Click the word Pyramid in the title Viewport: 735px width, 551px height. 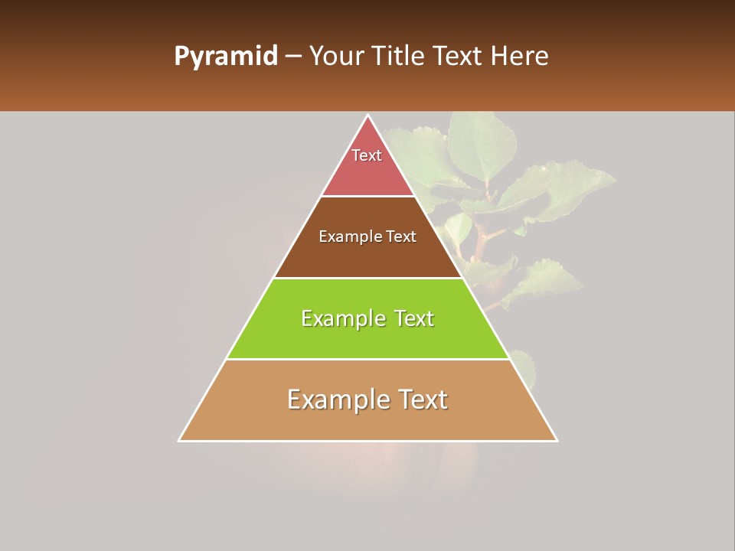click(226, 57)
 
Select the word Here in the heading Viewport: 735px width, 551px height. click(519, 57)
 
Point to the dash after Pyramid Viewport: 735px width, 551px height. click(293, 57)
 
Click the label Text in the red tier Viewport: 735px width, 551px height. click(367, 155)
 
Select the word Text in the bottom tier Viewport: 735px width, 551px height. click(416, 399)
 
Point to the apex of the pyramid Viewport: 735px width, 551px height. click(368, 116)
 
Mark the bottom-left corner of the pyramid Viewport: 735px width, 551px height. click(180, 440)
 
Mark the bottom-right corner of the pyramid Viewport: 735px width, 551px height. click(556, 440)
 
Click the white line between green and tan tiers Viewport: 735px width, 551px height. click(367, 359)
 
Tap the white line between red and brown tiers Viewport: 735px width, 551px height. click(367, 196)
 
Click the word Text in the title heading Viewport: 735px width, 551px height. click(458, 57)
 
